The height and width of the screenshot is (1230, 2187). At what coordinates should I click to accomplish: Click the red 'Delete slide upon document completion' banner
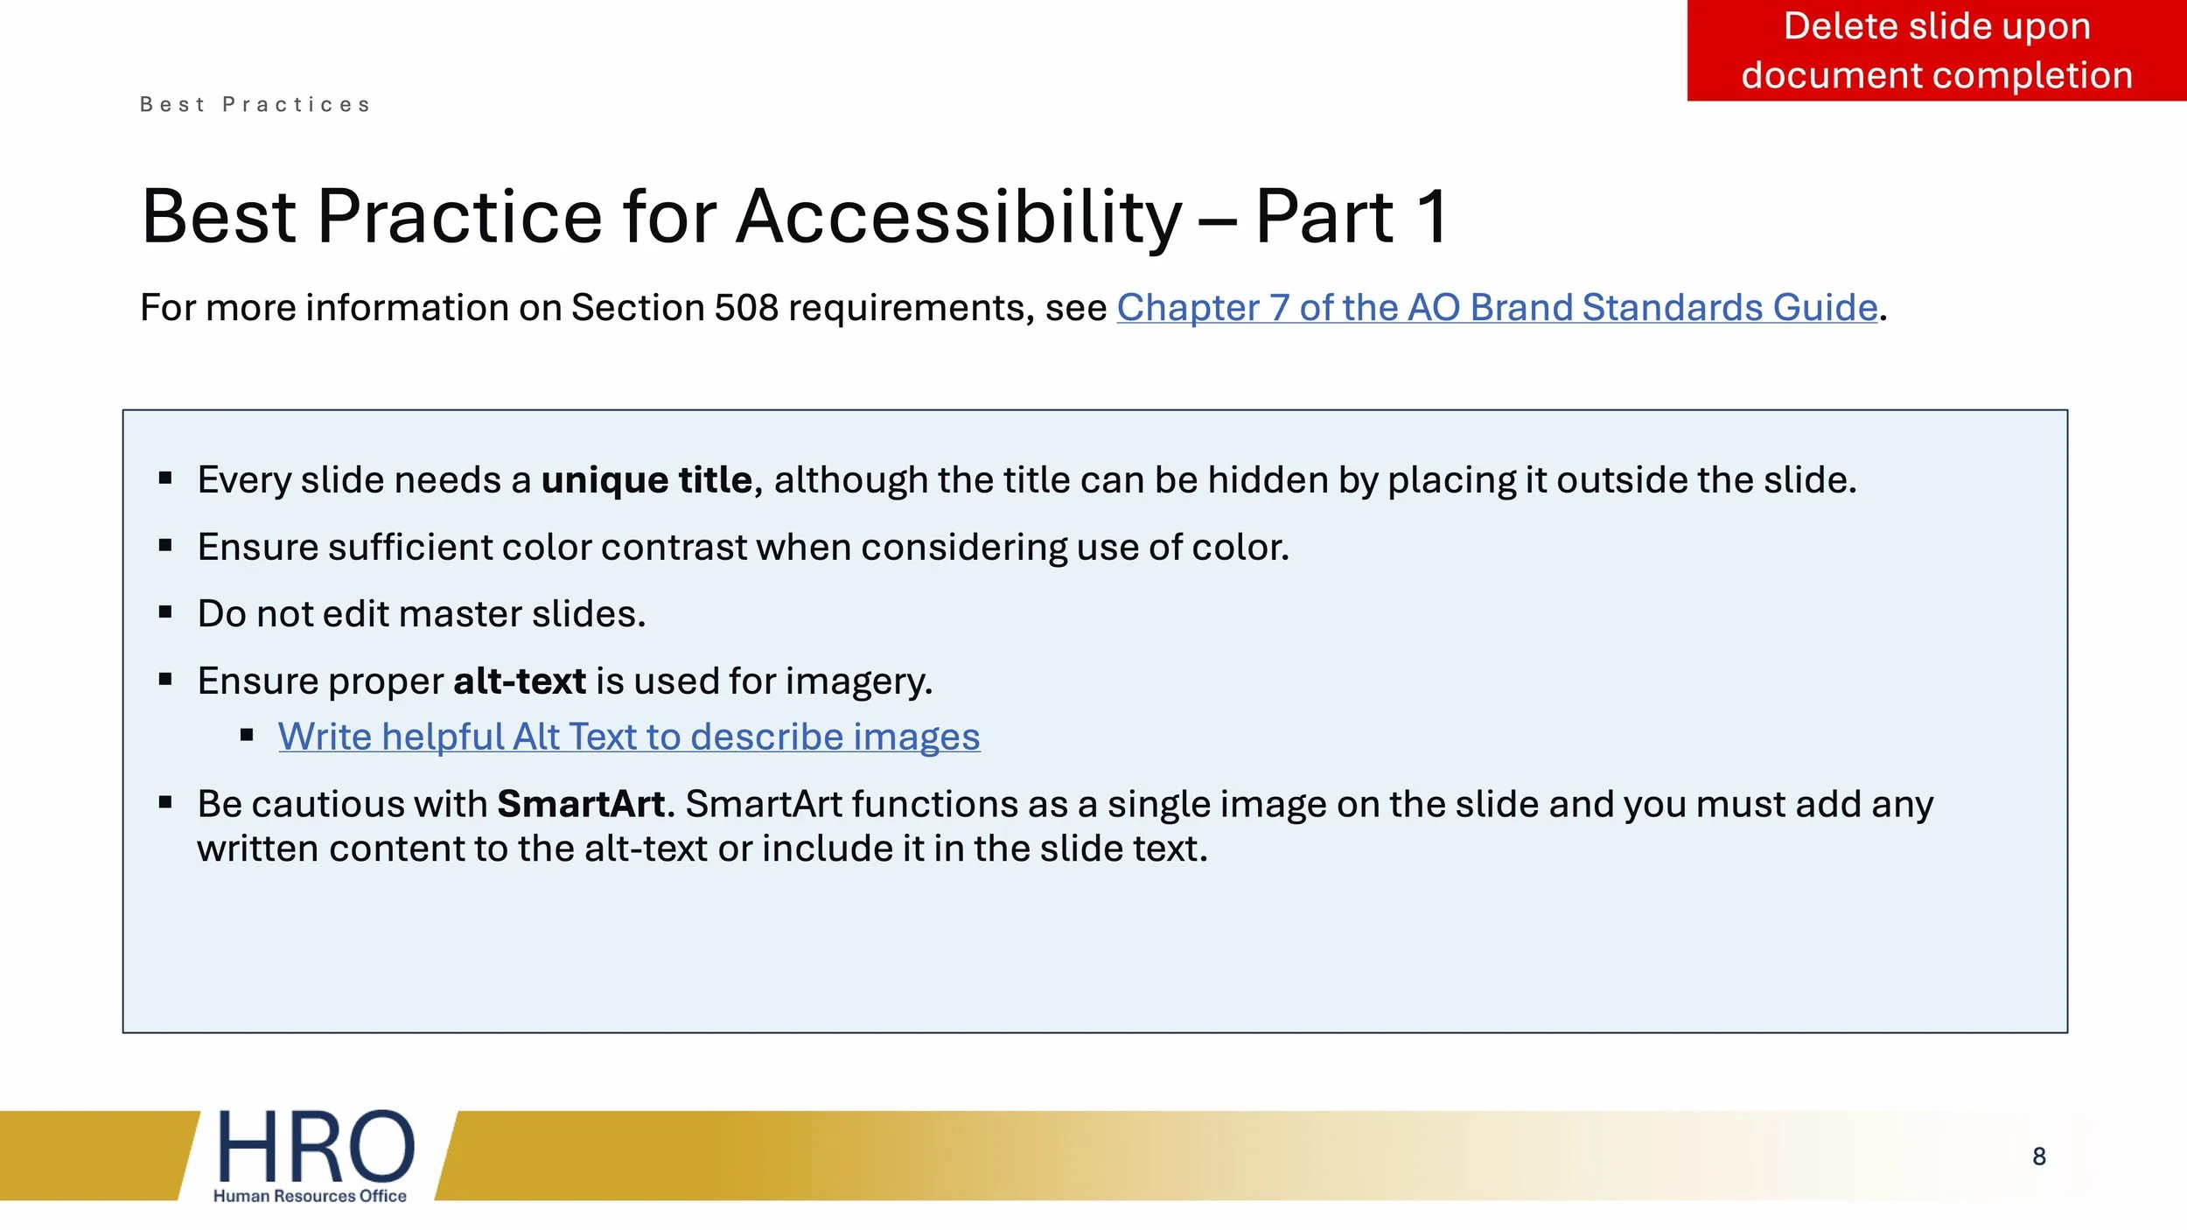click(1936, 51)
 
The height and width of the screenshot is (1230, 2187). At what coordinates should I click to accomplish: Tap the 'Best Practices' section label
click(255, 105)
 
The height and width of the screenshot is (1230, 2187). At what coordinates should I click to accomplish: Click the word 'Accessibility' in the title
click(959, 217)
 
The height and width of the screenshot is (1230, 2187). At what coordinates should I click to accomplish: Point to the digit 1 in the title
click(1432, 217)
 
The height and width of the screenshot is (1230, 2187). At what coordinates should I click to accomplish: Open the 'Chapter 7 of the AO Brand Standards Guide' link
click(1497, 308)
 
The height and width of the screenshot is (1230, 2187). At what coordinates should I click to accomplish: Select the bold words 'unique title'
click(646, 480)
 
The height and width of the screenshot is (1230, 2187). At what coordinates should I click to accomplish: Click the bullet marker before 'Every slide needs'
click(165, 479)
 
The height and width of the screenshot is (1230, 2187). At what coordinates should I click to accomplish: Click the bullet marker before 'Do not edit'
click(165, 612)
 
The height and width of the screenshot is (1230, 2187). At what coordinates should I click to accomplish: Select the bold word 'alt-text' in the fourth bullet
click(520, 681)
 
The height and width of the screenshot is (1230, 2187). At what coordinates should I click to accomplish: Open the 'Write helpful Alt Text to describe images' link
click(628, 737)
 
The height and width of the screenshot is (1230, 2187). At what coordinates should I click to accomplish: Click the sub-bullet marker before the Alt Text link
click(247, 736)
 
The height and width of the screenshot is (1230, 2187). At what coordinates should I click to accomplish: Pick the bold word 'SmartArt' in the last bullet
click(581, 804)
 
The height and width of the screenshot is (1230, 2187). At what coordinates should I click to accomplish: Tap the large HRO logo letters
click(315, 1147)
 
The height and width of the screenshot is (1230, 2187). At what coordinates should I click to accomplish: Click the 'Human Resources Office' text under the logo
click(310, 1196)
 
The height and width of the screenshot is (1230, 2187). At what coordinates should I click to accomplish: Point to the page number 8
click(2039, 1157)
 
